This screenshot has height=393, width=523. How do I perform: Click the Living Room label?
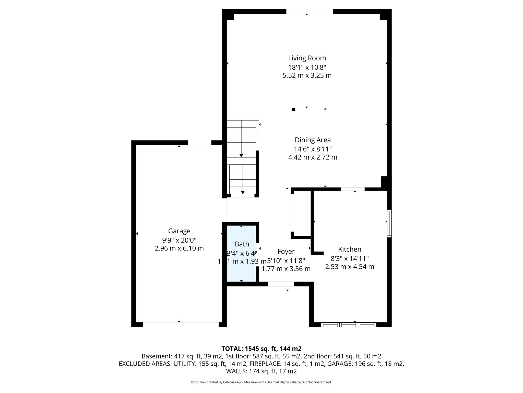pos(307,58)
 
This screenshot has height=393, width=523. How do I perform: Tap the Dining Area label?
pos(313,140)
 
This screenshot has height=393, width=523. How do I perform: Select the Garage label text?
pos(179,231)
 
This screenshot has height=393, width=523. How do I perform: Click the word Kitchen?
pos(350,249)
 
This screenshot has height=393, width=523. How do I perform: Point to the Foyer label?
pos(286,252)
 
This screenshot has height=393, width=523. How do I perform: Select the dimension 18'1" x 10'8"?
pos(307,67)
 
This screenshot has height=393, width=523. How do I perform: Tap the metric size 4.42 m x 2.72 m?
pos(313,157)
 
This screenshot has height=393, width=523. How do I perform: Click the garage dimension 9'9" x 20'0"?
pos(179,240)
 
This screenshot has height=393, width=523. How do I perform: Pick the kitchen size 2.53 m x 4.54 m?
pos(350,267)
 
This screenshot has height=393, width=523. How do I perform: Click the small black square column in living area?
pos(293,110)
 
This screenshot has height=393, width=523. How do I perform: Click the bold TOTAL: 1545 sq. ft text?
pos(261,349)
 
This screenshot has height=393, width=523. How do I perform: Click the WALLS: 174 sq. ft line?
pos(261,371)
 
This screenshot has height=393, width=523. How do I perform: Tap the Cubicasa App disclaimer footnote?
pos(261,382)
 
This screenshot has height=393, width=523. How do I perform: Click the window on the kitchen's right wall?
pos(389,223)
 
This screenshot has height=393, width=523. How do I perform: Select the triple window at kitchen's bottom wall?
pos(349,325)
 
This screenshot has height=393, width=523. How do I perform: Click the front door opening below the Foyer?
pos(281,284)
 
